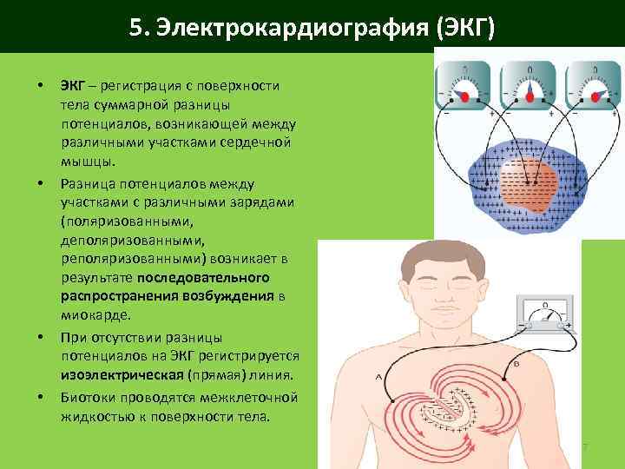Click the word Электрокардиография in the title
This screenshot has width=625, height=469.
(x=282, y=29)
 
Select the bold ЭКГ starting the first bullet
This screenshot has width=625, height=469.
(x=72, y=86)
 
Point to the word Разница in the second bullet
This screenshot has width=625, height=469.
(x=85, y=184)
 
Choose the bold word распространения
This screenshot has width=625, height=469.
(x=119, y=296)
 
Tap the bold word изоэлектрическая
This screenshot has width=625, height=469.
(x=122, y=377)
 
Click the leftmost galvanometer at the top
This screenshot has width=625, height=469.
(x=469, y=87)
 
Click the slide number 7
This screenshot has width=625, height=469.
(x=585, y=447)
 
